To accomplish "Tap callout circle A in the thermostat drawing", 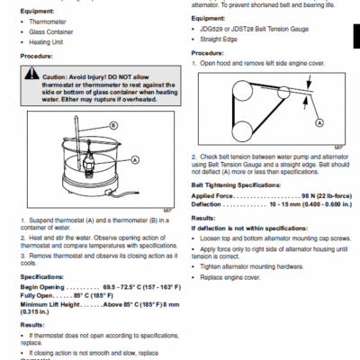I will pyautogui.click(x=135, y=158).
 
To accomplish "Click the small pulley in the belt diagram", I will pyautogui.click(x=283, y=93).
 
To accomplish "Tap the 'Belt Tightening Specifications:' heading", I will pyautogui.click(x=240, y=184).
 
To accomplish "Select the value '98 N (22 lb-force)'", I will pyautogui.click(x=323, y=194).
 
